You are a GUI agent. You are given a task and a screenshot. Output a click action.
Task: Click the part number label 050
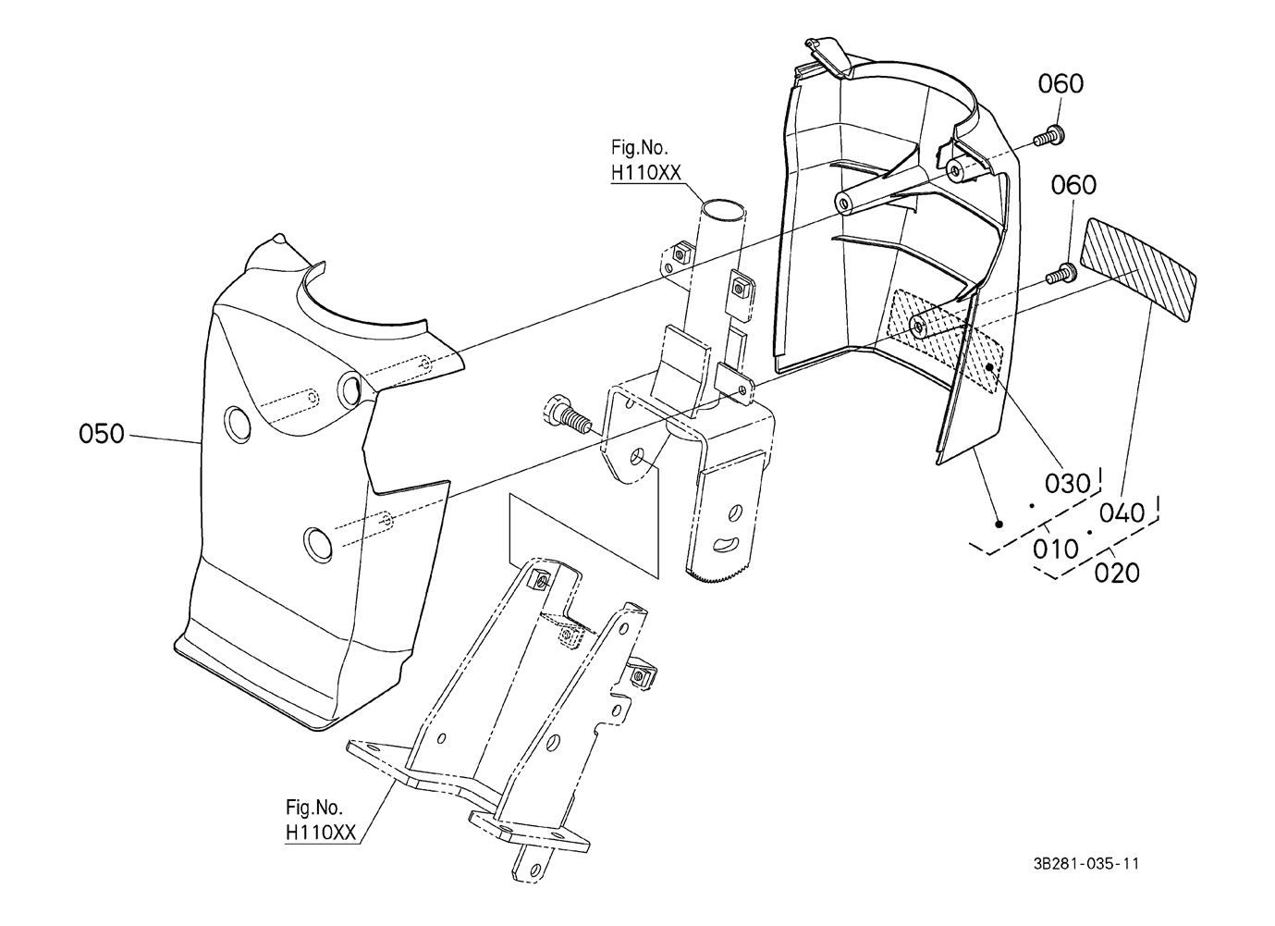101,434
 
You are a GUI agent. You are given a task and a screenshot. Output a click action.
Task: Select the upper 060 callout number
1060,84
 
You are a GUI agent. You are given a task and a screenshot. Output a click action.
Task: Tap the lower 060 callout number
1073,186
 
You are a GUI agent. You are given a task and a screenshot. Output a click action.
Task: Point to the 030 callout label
1067,484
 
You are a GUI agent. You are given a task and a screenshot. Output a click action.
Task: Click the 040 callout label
1122,512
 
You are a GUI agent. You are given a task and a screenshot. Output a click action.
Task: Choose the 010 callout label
1056,549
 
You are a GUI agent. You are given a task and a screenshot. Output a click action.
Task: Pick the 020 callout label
1117,574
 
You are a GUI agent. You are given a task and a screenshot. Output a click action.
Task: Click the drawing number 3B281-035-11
1086,864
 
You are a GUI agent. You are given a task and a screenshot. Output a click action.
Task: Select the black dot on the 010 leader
999,524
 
